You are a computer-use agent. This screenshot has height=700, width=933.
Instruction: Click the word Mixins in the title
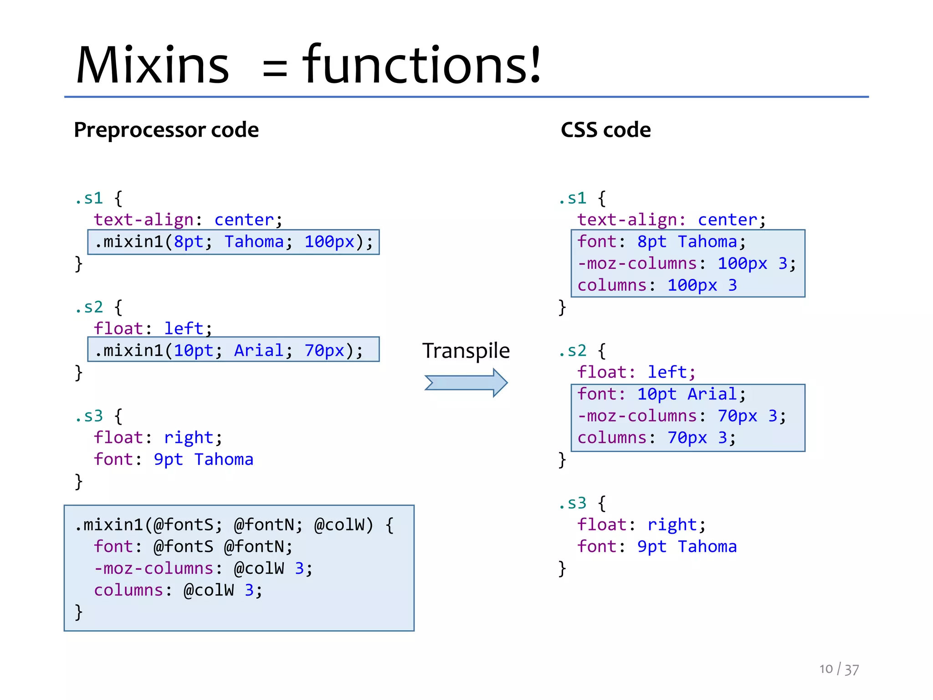[153, 65]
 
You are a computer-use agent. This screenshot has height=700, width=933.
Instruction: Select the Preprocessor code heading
[166, 130]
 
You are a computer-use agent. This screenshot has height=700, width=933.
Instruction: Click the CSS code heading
[605, 130]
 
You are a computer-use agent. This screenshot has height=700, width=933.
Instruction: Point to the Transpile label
[466, 350]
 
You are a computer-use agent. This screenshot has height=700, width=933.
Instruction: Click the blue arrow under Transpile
[466, 383]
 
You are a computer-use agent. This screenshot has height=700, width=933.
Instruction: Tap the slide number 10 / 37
[839, 669]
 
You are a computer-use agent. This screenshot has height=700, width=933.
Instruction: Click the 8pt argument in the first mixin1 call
[189, 242]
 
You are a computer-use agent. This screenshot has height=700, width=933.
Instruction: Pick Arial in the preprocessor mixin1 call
[258, 350]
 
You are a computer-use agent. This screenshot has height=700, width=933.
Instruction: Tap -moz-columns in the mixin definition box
[154, 569]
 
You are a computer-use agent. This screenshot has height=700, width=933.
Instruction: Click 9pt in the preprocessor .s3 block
[168, 459]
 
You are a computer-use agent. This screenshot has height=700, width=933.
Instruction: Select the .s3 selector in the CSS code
[573, 503]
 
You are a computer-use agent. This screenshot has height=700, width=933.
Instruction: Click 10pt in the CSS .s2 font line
[656, 394]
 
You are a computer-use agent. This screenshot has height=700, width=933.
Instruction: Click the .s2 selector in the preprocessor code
[89, 307]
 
